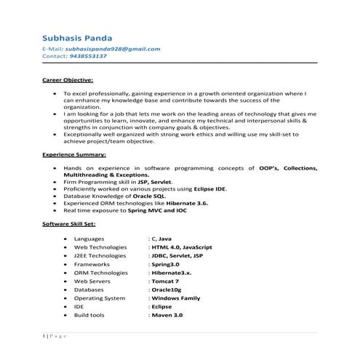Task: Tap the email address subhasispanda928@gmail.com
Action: click(113, 49)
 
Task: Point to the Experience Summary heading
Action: click(73, 155)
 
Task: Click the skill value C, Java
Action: click(161, 238)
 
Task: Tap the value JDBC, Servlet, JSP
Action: click(177, 256)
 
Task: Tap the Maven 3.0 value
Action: click(167, 315)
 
